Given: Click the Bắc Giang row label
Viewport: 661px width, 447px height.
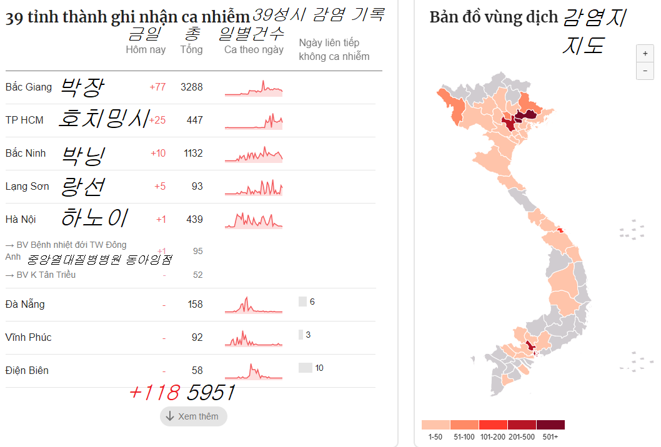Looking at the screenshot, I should tap(29, 87).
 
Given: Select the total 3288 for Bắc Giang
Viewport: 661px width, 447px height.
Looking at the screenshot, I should tap(191, 87).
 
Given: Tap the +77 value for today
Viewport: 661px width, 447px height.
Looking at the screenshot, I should tap(157, 87).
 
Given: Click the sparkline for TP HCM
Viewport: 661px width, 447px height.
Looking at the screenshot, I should tap(254, 120).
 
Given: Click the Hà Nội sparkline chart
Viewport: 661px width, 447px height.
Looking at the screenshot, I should tap(254, 219).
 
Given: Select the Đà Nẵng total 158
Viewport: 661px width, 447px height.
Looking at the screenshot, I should tap(195, 305).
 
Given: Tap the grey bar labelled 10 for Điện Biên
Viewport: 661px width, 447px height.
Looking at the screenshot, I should tap(305, 368).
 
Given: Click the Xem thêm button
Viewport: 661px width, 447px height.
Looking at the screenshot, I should tap(194, 416).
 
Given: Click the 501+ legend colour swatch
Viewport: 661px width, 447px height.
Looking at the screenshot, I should tap(550, 425).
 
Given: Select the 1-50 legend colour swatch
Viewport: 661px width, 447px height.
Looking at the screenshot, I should tap(435, 425).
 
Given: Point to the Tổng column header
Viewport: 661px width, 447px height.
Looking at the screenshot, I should tap(191, 49).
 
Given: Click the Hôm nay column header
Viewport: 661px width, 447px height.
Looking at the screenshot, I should tap(146, 49).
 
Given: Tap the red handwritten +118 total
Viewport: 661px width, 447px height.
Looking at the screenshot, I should tap(154, 393).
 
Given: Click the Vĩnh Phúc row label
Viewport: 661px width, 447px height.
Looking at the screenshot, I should tap(28, 338).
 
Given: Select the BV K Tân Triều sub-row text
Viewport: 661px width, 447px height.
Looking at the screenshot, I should tap(41, 275).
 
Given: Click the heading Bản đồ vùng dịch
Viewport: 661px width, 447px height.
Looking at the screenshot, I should tap(493, 17).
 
